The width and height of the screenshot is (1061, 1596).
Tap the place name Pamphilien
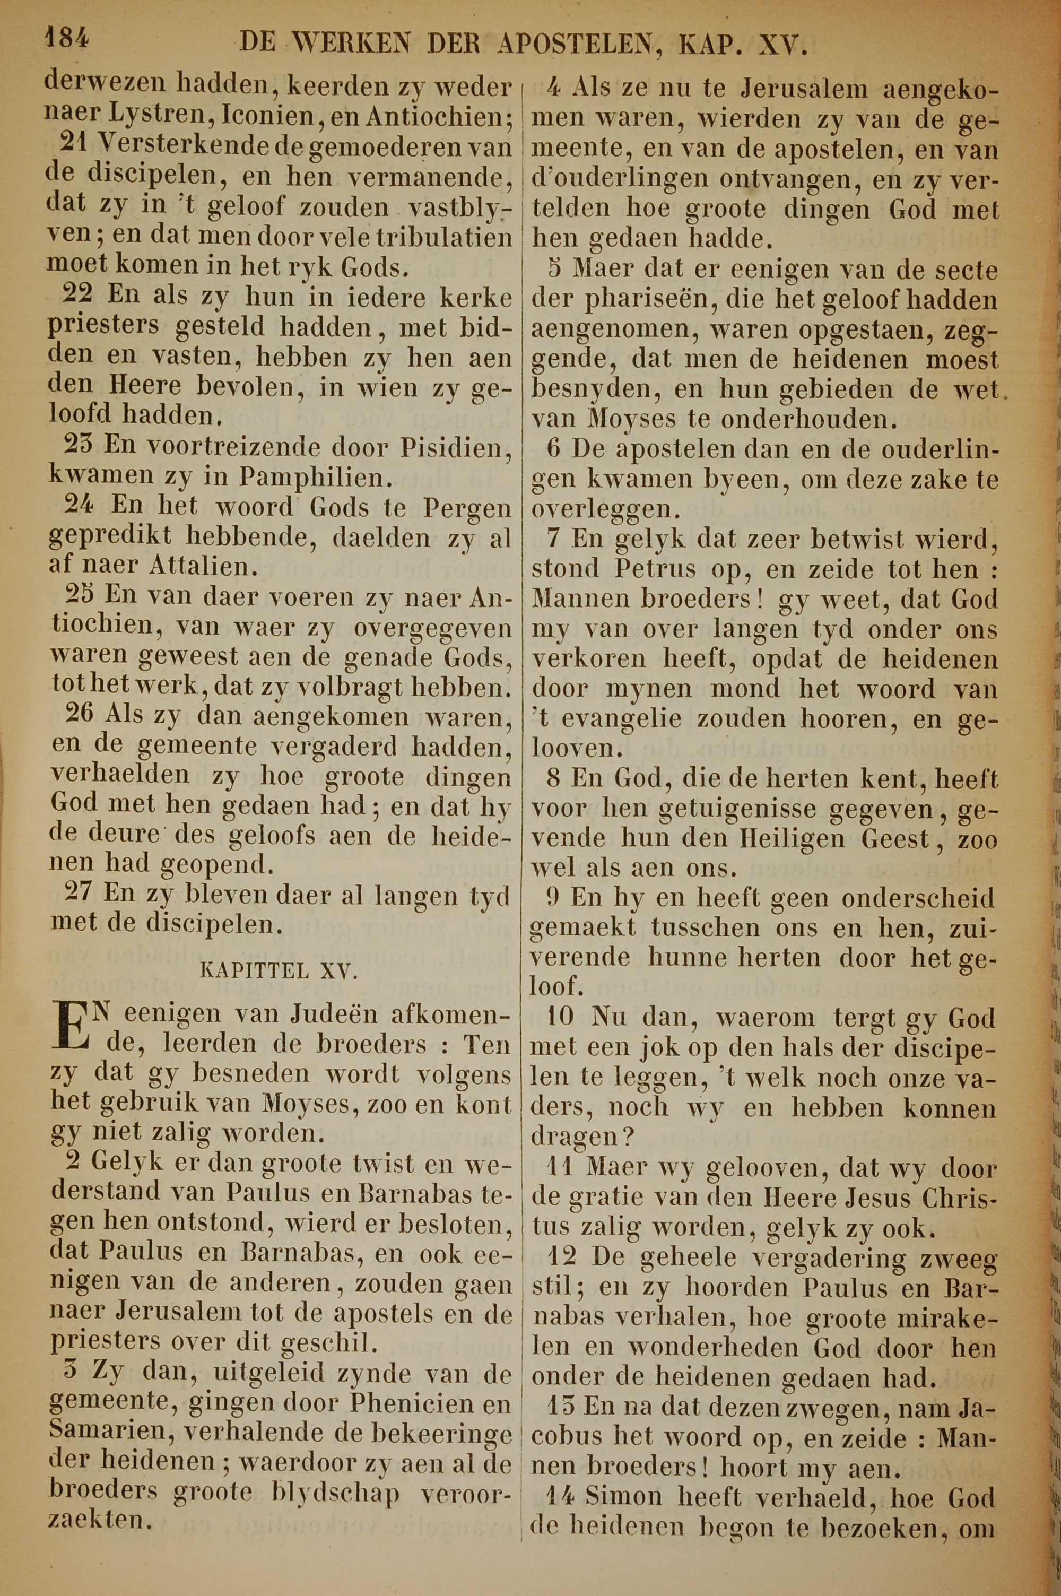pos(315,478)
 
